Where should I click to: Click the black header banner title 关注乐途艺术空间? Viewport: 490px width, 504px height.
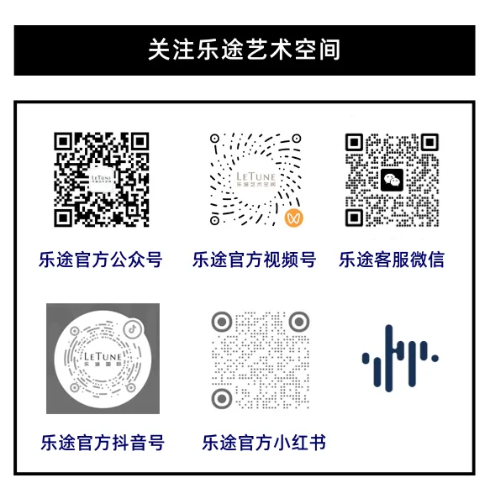tap(244, 50)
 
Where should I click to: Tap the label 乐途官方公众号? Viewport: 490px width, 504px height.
tap(100, 260)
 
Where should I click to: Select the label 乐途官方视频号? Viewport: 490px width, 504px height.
tap(254, 260)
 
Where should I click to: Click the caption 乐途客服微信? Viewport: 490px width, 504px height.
tap(392, 260)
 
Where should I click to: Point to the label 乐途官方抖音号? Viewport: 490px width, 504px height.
tap(103, 443)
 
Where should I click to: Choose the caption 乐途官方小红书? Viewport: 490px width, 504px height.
tap(264, 443)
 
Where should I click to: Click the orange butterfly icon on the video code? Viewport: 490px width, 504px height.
tap(294, 218)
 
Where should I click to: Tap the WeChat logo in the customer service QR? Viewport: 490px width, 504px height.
tap(392, 180)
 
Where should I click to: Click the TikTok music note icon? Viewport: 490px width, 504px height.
tap(133, 328)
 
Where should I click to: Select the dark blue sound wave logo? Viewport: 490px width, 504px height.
tap(400, 358)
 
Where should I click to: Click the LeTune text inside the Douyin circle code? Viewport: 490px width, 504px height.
tap(103, 357)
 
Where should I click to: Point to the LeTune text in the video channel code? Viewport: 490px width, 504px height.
tap(256, 176)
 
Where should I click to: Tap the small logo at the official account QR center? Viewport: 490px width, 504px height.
tap(102, 179)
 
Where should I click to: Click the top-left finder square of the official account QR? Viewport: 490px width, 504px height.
tap(63, 141)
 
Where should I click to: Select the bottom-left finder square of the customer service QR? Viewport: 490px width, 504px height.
tap(354, 218)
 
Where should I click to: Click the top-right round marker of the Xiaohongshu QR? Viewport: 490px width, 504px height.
tap(299, 322)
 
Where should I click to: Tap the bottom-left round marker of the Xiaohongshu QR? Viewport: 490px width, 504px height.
tap(222, 398)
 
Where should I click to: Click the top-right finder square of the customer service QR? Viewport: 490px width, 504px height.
tap(429, 142)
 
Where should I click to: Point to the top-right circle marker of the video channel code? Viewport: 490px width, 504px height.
tap(297, 139)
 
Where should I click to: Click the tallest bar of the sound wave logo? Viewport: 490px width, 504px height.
tap(388, 358)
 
